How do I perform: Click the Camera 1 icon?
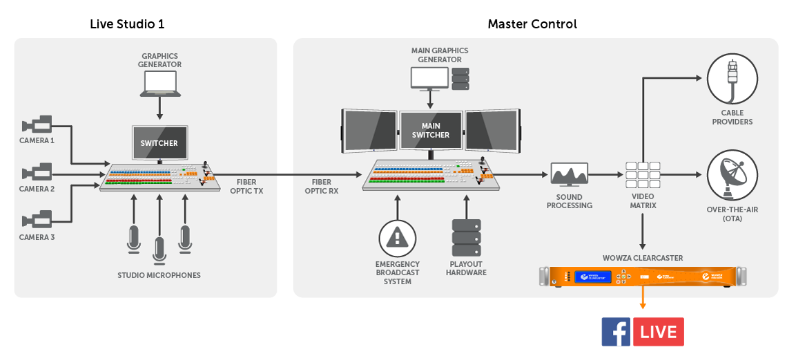coord(37,125)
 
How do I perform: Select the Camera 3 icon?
coord(37,221)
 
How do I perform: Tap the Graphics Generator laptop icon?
coord(161,84)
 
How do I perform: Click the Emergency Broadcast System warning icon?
coord(397,238)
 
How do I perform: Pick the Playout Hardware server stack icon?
coord(466,239)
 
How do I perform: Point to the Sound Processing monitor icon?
coord(570,175)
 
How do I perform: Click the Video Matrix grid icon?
coord(643,176)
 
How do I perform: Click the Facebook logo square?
coord(616,332)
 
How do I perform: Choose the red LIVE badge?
coord(659,332)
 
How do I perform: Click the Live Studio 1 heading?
coord(127,24)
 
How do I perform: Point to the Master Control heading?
coord(532,24)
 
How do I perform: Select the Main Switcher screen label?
coord(431,131)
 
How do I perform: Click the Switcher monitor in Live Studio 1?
coord(159,143)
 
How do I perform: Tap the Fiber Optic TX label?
coord(246,186)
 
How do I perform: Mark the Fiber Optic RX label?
coord(322,186)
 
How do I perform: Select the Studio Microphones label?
coord(159,275)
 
